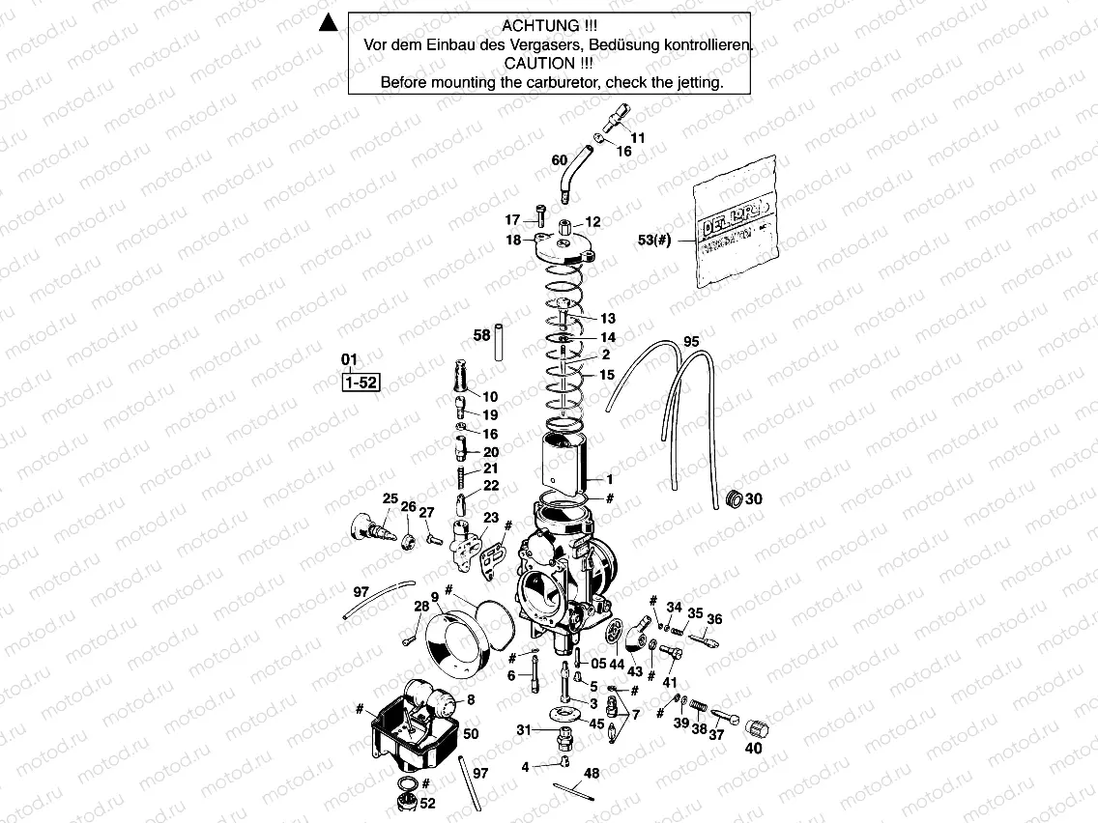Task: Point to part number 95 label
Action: click(690, 342)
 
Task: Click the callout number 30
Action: click(755, 499)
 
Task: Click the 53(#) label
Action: click(654, 241)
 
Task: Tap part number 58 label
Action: click(481, 335)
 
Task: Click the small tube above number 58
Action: click(502, 341)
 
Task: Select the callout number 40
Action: click(753, 748)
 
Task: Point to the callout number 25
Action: click(390, 498)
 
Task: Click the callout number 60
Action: click(560, 159)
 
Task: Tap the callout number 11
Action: click(638, 138)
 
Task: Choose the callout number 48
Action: click(592, 774)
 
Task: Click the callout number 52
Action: click(428, 804)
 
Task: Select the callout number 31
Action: click(523, 729)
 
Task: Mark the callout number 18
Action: click(512, 240)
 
